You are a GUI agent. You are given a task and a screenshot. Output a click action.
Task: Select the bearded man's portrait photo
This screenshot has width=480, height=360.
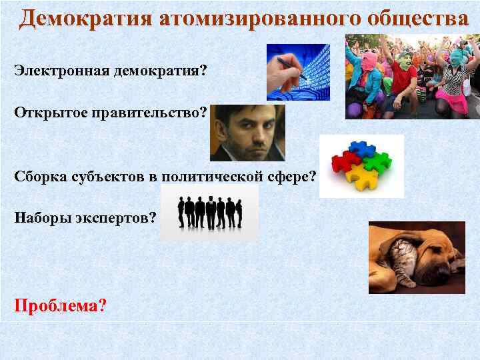(x=247, y=133)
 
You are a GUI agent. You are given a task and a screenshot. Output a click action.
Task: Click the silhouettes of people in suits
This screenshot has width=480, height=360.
(x=209, y=212)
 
